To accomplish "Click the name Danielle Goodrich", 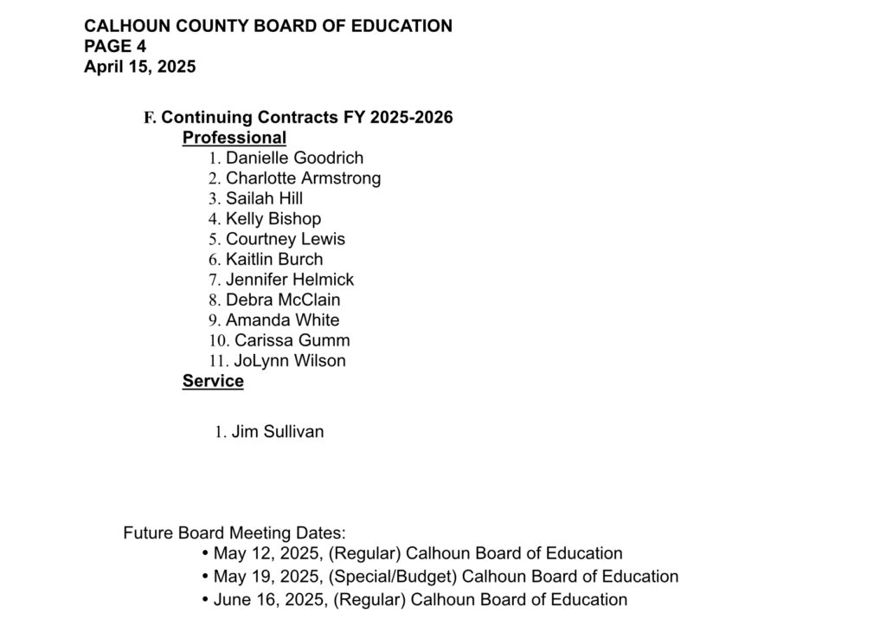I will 294,158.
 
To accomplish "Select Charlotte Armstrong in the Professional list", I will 303,178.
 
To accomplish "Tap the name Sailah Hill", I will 264,198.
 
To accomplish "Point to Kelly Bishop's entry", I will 273,219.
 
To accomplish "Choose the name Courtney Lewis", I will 285,239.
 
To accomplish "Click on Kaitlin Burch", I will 274,259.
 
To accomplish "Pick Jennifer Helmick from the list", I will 290,280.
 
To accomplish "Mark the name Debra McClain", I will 283,300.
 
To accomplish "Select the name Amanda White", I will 282,320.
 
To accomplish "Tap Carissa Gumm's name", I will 292,340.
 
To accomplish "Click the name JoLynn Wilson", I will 289,361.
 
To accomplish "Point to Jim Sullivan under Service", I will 277,431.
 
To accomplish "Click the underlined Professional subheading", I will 234,138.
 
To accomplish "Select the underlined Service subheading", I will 213,381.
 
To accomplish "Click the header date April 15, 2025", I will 140,67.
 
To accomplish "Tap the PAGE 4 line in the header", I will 115,47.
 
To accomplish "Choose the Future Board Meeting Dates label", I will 234,533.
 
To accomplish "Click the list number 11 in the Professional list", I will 218,361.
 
